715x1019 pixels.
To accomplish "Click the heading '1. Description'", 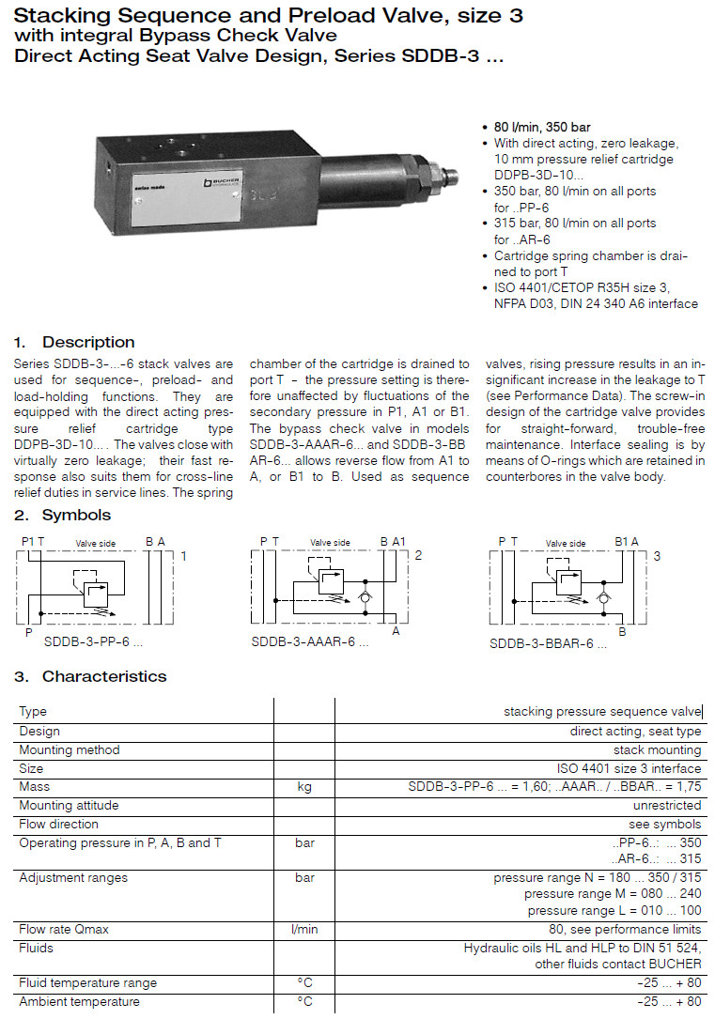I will point(75,342).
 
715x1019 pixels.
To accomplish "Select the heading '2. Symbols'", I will point(63,515).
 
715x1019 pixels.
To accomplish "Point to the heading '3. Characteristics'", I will point(91,676).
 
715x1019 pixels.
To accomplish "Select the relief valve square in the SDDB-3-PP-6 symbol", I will point(96,592).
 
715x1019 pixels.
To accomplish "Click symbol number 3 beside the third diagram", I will point(657,556).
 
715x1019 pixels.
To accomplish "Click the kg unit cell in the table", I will point(304,786).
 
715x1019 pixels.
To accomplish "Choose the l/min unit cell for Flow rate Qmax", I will point(304,929).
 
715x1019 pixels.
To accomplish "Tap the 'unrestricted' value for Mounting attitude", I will point(667,805).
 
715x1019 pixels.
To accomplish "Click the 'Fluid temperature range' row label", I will point(87,982).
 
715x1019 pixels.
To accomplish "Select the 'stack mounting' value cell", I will point(657,749).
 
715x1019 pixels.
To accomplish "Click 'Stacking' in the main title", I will point(59,16).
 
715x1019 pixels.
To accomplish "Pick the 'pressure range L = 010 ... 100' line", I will point(614,910).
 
